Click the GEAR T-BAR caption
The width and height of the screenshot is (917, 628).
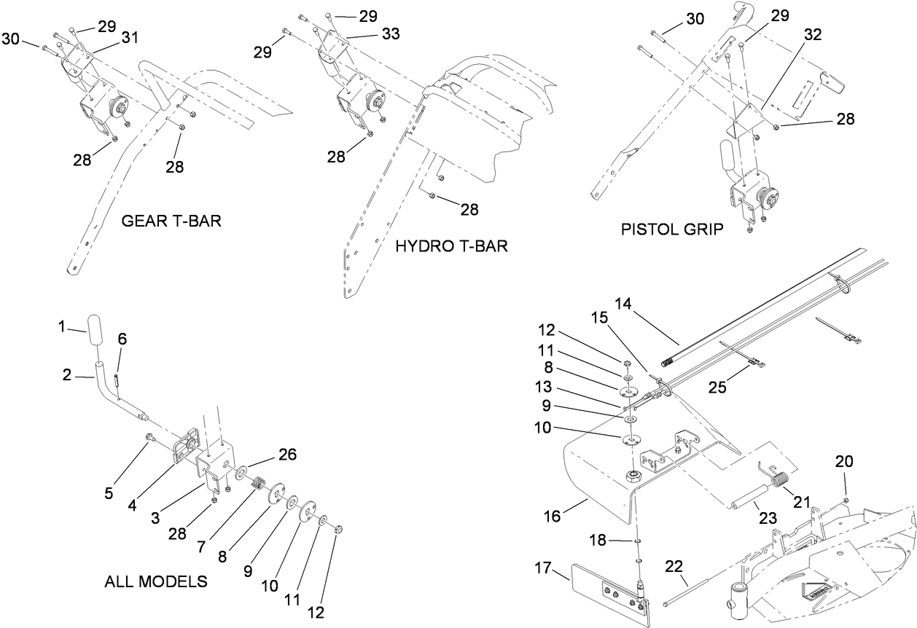tap(171, 221)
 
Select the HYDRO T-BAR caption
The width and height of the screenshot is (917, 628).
tap(451, 246)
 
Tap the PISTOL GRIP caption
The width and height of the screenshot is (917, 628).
tap(672, 229)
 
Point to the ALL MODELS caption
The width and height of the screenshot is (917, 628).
tap(156, 581)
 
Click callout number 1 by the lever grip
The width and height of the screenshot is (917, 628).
tap(62, 328)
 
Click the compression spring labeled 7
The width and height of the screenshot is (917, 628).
tap(257, 482)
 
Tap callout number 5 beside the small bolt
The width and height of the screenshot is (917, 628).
tap(109, 493)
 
